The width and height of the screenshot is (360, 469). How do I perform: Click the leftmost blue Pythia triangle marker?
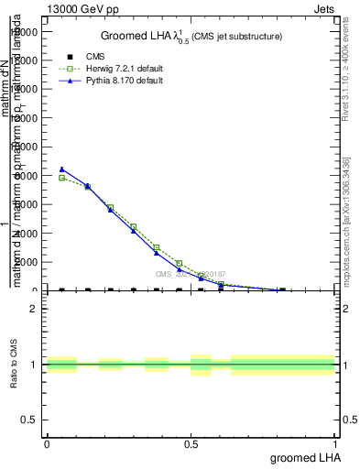click(61, 169)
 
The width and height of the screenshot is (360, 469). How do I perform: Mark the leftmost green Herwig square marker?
click(61, 178)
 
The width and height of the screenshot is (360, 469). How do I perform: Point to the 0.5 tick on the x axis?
click(191, 444)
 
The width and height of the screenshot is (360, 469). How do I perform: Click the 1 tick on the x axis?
click(335, 444)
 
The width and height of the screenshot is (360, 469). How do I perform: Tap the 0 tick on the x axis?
click(47, 444)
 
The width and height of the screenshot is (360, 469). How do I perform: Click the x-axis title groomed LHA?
click(303, 457)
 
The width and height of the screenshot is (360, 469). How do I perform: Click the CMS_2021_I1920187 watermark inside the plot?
click(190, 274)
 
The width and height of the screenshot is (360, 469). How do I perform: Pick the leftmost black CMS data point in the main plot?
click(61, 289)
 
